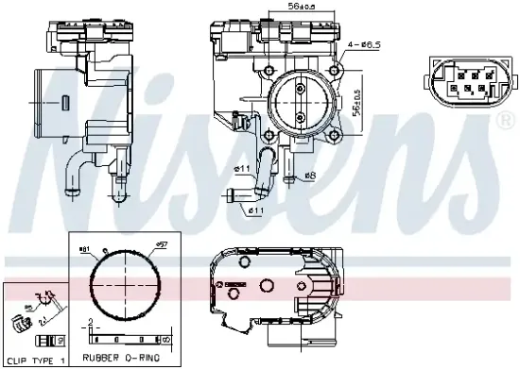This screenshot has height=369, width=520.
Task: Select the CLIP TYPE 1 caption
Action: click(33, 360)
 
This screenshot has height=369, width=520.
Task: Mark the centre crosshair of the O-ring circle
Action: click(120, 289)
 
